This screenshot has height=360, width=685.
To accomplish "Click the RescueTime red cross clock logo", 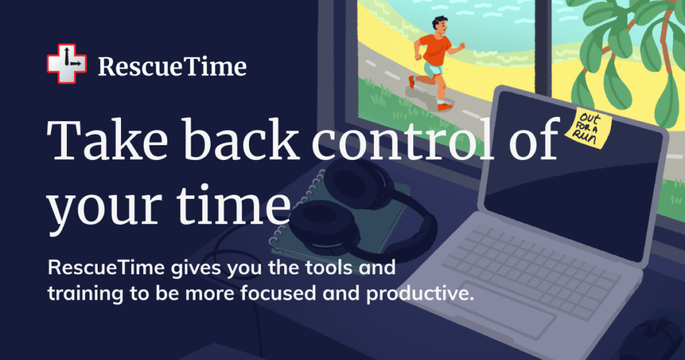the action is tap(66, 64).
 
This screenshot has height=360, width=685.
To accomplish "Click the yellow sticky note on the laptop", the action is tap(588, 128).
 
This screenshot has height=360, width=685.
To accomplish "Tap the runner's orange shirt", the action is tap(435, 49).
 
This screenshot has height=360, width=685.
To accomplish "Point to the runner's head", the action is tap(439, 26).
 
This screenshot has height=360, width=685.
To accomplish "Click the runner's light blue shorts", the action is tap(433, 70).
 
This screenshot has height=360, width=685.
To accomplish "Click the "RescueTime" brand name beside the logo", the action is tap(172, 66).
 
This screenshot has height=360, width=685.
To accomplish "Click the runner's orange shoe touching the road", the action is tap(444, 106).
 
